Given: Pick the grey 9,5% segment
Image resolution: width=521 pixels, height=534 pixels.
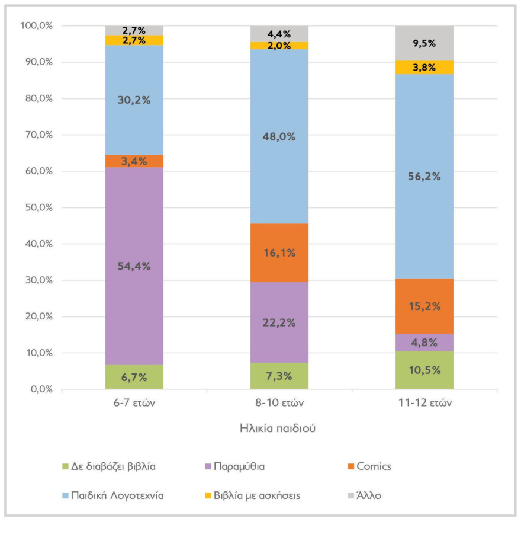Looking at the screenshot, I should tap(424, 43).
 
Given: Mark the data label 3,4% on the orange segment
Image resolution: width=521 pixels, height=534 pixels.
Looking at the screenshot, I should tap(134, 161).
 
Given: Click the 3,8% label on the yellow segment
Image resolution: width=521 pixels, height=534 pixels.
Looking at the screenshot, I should tap(424, 68).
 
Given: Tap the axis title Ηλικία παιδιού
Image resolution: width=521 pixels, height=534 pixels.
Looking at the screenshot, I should tap(278, 429).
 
